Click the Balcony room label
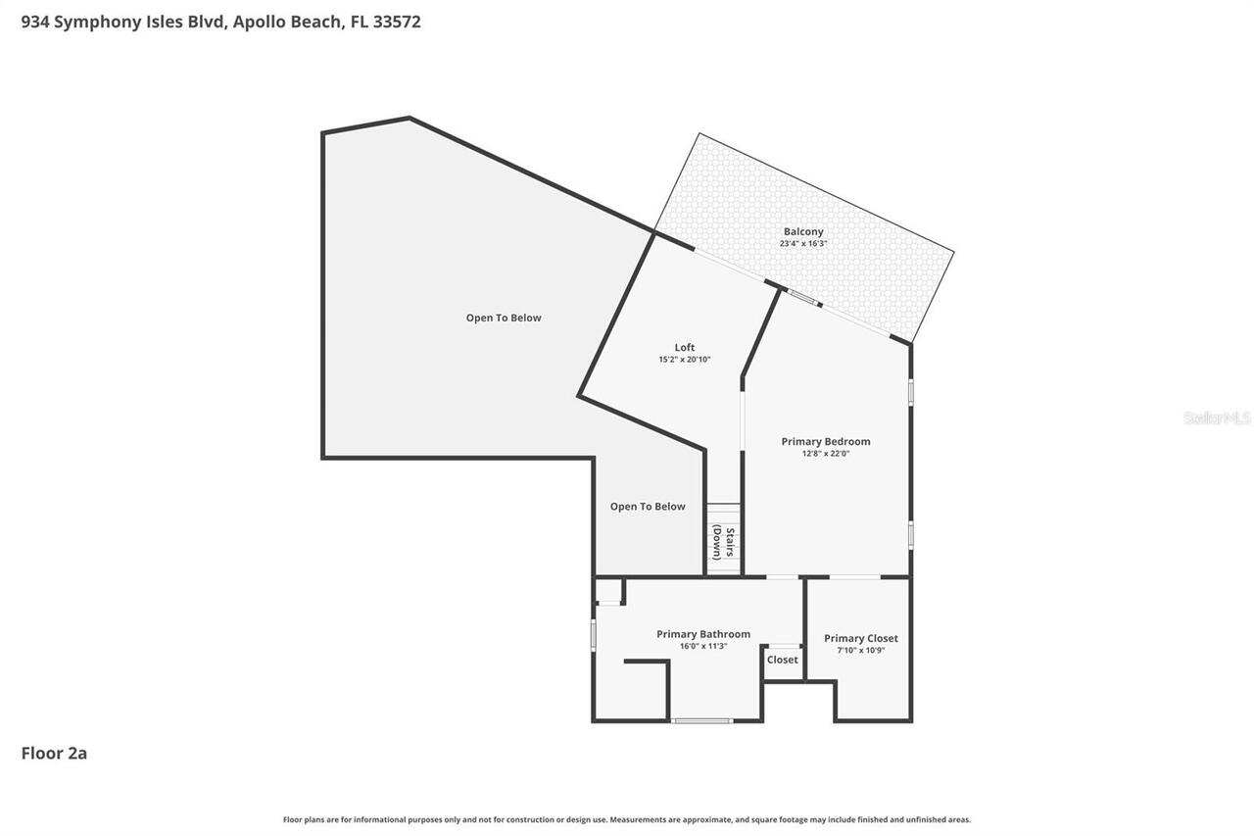(802, 232)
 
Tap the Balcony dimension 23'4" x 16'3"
(802, 243)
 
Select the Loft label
(684, 348)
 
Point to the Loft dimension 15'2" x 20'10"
(684, 360)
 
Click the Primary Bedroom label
(825, 442)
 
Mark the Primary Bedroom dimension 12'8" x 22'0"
(825, 454)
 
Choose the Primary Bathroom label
(702, 634)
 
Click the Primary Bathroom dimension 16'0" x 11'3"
(702, 646)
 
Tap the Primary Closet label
(860, 638)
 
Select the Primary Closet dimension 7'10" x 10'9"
(860, 650)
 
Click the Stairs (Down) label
(724, 542)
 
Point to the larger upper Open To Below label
(503, 318)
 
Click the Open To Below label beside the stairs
(648, 507)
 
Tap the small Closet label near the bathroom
(782, 660)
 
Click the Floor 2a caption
(54, 753)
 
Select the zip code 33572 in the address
(396, 22)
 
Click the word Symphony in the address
(97, 22)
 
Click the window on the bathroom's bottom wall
(701, 721)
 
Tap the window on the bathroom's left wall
(594, 633)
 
